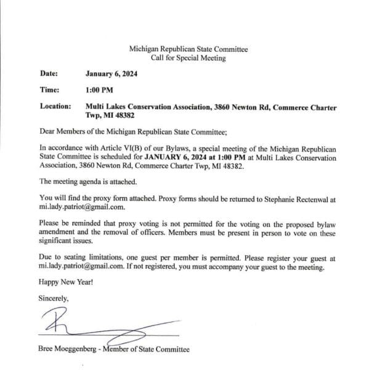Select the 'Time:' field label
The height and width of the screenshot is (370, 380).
49,90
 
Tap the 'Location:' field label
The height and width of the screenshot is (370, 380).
55,107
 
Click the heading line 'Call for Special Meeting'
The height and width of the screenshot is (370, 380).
188,58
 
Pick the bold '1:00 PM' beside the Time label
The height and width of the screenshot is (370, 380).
99,90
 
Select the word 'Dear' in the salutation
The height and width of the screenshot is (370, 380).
47,131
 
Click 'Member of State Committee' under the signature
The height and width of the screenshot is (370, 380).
150,350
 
